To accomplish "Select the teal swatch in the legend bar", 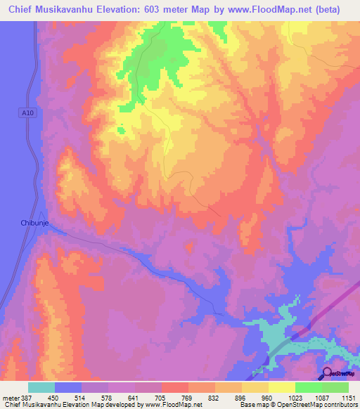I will pos(41,387).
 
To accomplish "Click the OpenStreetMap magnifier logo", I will pos(327,374).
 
